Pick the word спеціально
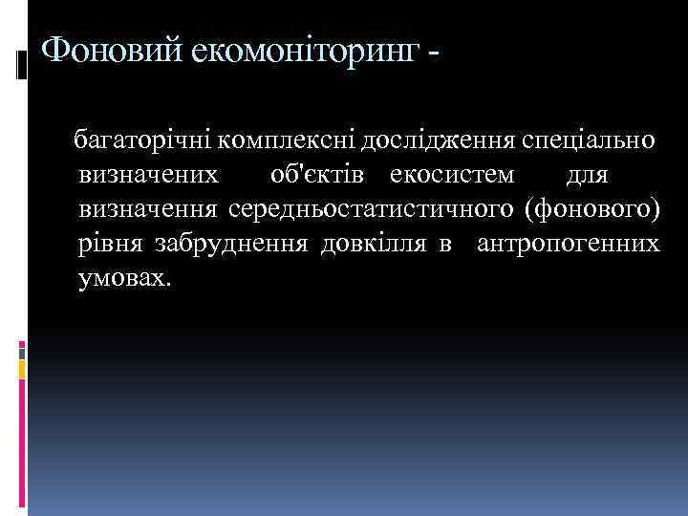click(589, 140)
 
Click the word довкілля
click(376, 244)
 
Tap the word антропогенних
click(568, 244)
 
